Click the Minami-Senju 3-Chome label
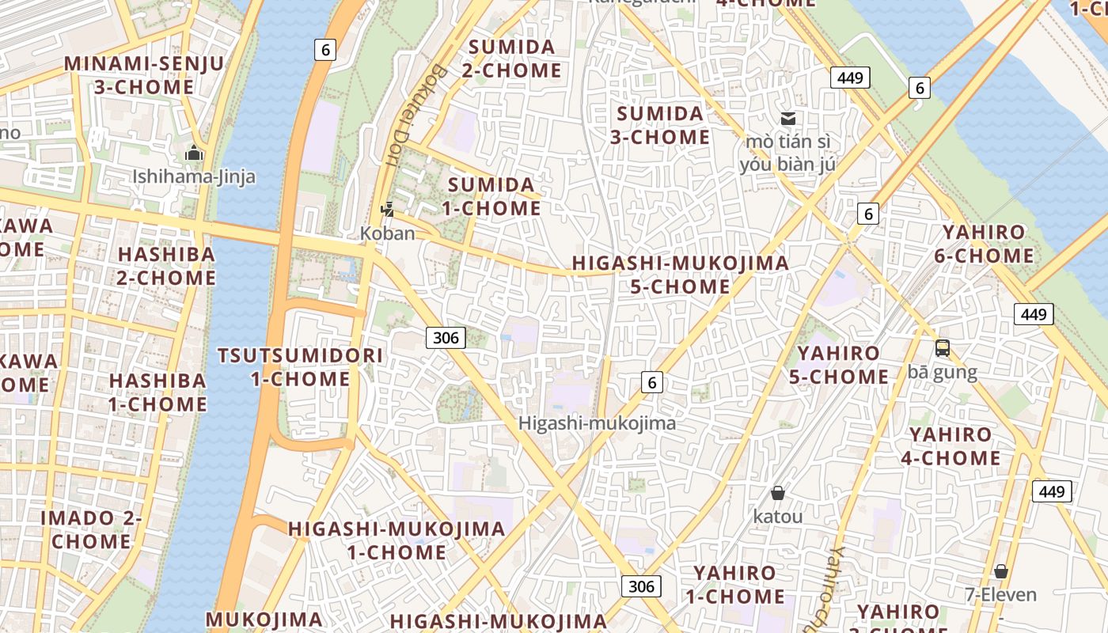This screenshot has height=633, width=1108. pos(144,75)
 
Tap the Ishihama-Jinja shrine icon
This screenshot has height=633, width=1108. pos(194,154)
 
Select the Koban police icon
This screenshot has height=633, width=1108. pos(387,210)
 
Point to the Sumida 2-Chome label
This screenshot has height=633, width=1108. pos(511,59)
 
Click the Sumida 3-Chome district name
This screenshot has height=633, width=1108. pos(660,125)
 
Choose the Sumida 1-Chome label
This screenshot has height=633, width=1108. pos(491,197)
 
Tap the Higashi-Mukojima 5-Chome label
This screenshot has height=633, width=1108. pos(680,275)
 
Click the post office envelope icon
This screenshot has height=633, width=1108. pos(788,119)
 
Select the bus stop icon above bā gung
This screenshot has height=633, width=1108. pos(942,348)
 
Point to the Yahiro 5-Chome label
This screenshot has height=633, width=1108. pos(838,365)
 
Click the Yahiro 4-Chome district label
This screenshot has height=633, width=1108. pos(950,446)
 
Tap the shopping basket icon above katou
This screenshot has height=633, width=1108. pos(778,493)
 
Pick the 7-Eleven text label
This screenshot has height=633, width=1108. pos(1000,593)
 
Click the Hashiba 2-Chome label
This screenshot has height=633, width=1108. pos(166,266)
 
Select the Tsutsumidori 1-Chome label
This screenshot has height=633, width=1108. pos(300,367)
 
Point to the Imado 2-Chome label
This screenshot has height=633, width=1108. pos(91,530)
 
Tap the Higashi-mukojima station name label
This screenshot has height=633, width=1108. pos(597,423)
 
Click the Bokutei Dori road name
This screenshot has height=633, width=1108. pos(415,115)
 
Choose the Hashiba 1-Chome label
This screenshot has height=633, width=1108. pos(157,392)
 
